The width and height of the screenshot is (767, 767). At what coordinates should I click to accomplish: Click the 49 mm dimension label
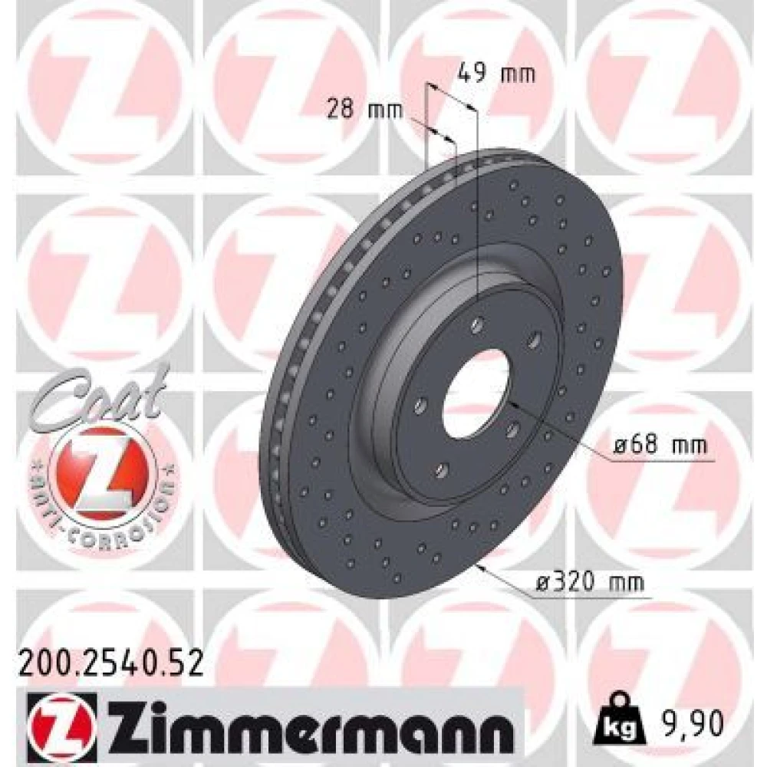click(496, 74)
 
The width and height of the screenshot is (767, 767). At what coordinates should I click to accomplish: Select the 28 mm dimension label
click(365, 109)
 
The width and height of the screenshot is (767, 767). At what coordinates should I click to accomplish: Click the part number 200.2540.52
click(110, 663)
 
